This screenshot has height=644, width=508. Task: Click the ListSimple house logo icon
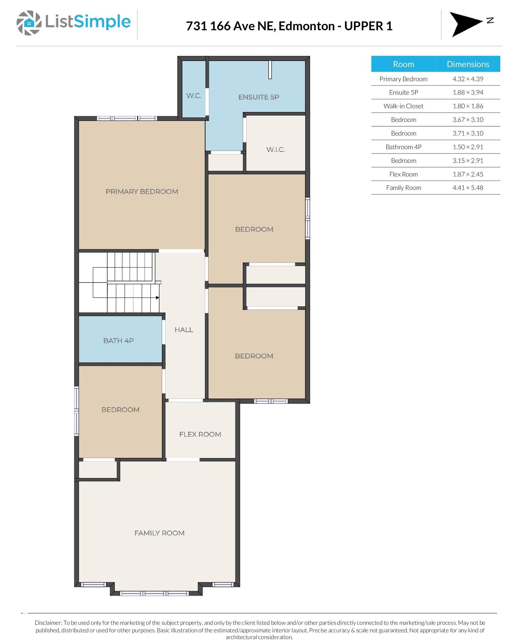(x=29, y=23)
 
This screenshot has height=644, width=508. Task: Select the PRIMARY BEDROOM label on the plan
(x=142, y=191)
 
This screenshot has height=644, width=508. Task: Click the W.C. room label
(x=194, y=96)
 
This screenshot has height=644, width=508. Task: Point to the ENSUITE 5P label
(x=259, y=97)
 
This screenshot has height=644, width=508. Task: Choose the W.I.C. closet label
(x=276, y=150)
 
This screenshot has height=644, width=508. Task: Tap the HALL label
(x=184, y=330)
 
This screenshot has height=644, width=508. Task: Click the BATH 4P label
(x=119, y=341)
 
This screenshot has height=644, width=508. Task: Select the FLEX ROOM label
(x=200, y=434)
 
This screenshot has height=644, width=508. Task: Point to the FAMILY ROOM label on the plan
(x=159, y=533)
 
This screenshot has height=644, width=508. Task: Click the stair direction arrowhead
(x=158, y=298)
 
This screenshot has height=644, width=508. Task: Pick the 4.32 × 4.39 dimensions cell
(x=468, y=79)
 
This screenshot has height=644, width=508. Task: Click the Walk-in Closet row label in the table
(x=403, y=106)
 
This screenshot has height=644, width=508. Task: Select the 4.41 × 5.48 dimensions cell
(x=468, y=188)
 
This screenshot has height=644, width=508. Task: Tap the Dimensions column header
(x=468, y=64)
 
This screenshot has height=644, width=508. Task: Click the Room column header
(x=403, y=64)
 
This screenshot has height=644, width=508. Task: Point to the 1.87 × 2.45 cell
(x=468, y=174)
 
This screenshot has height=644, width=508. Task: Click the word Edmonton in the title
(x=307, y=26)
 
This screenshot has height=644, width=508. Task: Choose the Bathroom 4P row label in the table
(x=403, y=147)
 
